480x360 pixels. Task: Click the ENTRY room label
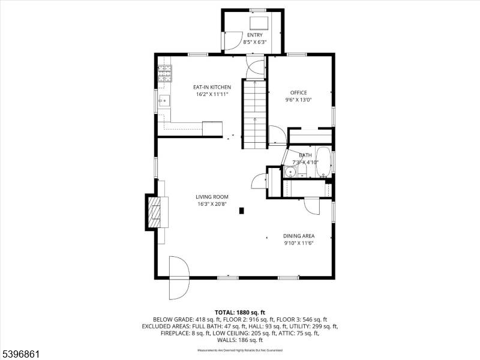coord(254,35)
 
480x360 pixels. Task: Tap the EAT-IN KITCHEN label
coord(212,87)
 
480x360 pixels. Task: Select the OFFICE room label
coord(298,92)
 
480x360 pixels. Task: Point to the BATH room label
coord(305,155)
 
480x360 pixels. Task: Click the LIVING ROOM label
coord(212,196)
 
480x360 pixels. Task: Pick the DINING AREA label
coord(299,236)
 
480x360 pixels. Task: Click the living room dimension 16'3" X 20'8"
coord(212,204)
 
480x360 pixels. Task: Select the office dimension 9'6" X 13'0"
coord(298,100)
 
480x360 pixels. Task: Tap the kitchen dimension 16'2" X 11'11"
coord(212,94)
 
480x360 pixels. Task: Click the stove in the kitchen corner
coord(164,73)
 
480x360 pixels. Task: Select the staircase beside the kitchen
coord(254,114)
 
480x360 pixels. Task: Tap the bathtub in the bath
coord(323,161)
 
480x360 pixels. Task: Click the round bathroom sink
coord(290,172)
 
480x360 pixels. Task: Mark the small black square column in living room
coord(241,211)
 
